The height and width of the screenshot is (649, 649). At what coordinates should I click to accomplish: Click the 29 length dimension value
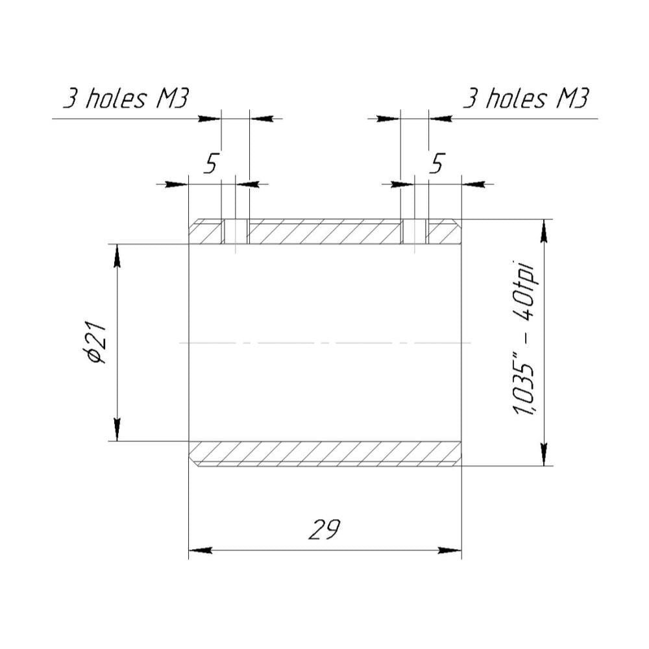click(324, 530)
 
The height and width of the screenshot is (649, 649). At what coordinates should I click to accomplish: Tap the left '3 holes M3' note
click(126, 99)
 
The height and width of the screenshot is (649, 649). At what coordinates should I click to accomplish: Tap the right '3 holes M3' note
click(525, 99)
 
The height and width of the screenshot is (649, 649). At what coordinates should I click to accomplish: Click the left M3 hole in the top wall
click(236, 232)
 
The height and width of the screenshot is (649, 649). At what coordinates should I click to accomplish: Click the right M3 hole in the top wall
click(414, 232)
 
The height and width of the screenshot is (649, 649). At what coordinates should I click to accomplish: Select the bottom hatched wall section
click(325, 454)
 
